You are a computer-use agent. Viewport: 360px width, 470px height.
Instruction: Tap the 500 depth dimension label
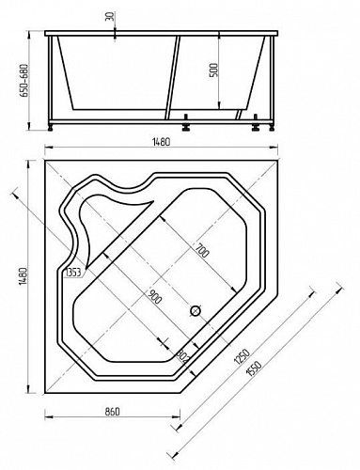213,70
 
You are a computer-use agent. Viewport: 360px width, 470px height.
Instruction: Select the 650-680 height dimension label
23,81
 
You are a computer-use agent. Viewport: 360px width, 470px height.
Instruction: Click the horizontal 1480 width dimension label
162,142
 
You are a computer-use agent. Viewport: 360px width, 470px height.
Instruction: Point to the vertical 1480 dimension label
23,276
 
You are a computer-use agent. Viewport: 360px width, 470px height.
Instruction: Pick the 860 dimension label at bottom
112,411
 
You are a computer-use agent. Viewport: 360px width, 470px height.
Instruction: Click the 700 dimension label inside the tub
202,250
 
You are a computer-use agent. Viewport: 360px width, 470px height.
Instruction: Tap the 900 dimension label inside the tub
154,297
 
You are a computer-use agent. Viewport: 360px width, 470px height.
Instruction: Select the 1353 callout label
73,273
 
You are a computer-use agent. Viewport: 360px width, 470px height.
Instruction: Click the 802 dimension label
182,356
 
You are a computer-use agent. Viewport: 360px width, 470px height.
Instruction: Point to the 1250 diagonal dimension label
242,357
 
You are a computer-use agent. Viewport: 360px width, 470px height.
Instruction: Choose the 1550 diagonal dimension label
254,368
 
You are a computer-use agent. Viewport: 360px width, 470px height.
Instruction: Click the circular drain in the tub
196,310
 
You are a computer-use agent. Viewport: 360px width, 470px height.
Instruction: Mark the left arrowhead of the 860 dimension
48,417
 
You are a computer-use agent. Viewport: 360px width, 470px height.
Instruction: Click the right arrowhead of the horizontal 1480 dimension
274,148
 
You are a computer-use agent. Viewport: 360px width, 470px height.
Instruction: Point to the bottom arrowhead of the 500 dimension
219,105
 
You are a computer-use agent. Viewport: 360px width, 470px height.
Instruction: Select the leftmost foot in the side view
51,128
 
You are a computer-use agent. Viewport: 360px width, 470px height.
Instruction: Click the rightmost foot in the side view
272,128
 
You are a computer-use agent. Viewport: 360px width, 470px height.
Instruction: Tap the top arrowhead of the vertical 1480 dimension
29,164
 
